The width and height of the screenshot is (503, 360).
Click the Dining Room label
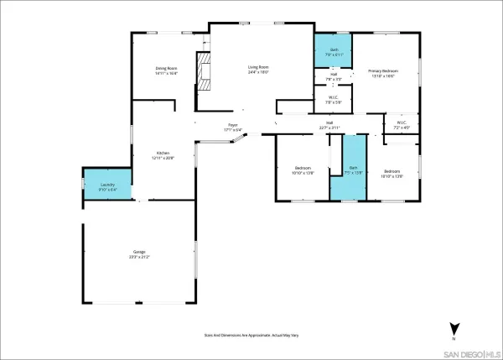point(166,68)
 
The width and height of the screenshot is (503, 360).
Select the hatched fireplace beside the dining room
point(201,70)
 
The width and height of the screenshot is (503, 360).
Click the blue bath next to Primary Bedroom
point(333,51)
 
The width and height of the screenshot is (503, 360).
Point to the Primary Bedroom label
point(384,71)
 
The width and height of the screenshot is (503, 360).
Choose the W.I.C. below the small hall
point(333,99)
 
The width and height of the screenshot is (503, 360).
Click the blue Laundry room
point(106,185)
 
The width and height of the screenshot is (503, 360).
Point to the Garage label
point(140,252)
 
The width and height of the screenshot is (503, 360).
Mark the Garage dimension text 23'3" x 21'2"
point(140,257)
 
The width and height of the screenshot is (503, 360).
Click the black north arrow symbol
point(454,329)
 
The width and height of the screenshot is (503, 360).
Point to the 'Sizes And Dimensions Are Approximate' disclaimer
point(251,335)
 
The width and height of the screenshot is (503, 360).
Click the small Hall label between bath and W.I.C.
point(333,76)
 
